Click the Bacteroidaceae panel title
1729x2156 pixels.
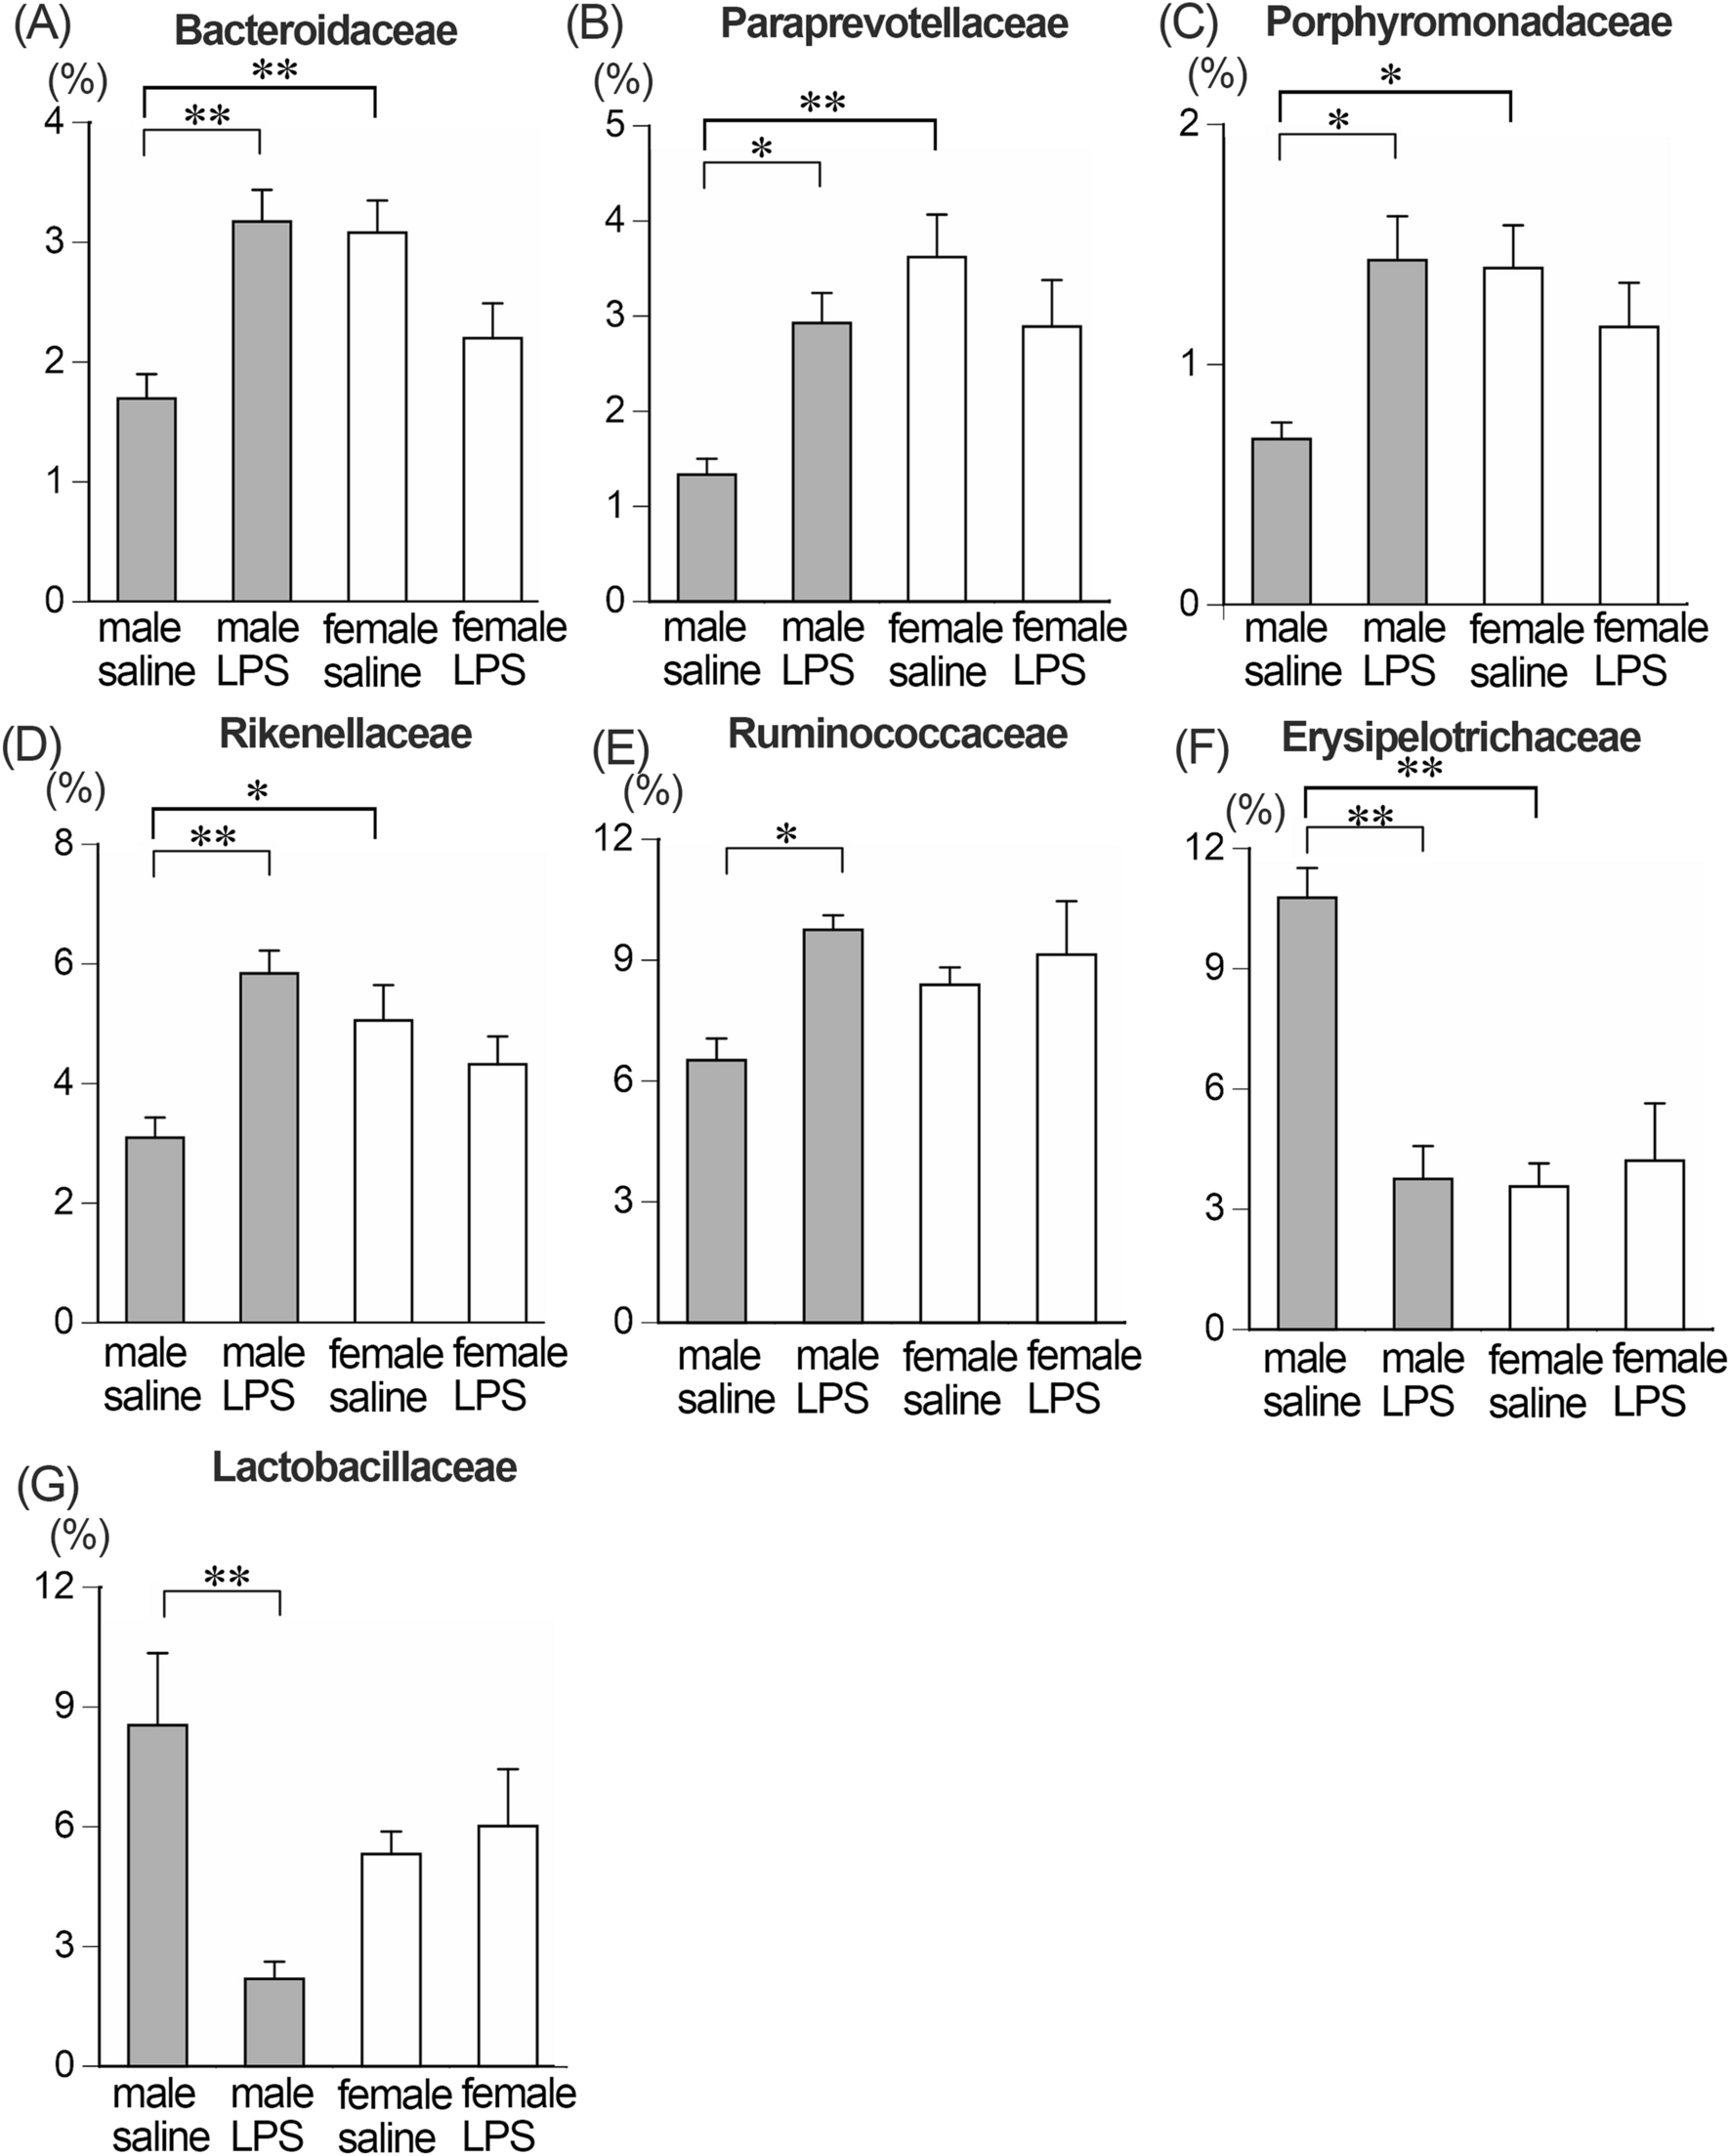316,31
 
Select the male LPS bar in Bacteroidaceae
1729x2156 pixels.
262,410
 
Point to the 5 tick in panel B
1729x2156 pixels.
614,125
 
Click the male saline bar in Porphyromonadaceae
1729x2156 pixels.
1281,521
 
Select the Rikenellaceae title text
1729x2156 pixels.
345,734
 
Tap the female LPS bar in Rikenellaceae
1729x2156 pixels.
498,1192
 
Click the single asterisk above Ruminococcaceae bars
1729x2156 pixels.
786,834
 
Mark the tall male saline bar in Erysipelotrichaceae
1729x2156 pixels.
1307,1112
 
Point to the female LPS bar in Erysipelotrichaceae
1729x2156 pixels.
1654,1244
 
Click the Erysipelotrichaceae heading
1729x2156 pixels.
1461,738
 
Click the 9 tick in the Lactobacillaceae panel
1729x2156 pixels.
64,1706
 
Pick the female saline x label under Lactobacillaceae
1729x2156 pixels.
393,2116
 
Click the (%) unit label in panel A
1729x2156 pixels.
77,80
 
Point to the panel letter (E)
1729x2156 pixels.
620,750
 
